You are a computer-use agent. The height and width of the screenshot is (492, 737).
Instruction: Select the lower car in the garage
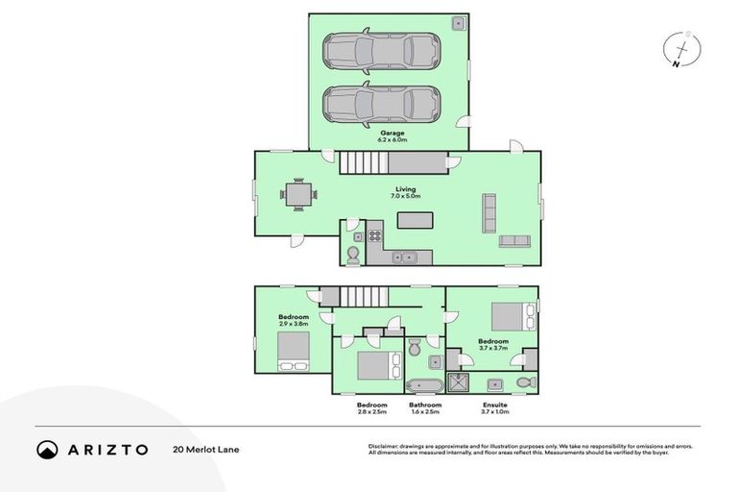click(382, 102)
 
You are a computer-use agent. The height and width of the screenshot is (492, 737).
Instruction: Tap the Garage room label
click(392, 134)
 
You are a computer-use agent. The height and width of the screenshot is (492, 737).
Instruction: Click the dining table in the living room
click(299, 195)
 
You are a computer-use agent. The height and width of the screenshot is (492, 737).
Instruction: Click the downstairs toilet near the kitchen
click(352, 254)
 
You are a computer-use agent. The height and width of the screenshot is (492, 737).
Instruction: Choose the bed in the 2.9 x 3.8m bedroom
click(292, 351)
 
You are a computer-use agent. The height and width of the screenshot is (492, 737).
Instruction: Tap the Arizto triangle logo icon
click(47, 449)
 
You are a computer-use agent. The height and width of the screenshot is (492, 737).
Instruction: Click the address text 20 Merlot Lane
click(205, 449)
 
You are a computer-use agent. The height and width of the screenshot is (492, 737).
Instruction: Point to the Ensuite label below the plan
click(495, 406)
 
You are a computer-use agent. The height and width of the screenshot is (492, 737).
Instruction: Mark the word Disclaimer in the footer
click(384, 446)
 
